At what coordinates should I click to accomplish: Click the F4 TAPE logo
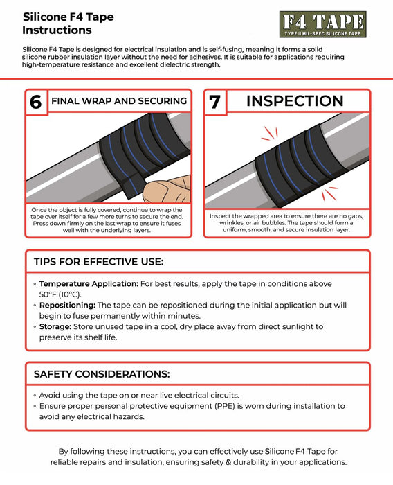click(322, 25)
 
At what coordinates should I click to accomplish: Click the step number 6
click(35, 102)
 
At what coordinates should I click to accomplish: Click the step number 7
click(215, 102)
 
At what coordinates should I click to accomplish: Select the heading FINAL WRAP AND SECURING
click(119, 101)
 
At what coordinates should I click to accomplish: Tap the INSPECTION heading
click(295, 101)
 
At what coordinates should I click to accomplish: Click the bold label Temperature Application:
click(89, 284)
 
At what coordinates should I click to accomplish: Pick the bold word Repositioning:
click(67, 305)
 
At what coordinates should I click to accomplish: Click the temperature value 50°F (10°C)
click(60, 294)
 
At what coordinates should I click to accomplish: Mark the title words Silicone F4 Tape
click(68, 16)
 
